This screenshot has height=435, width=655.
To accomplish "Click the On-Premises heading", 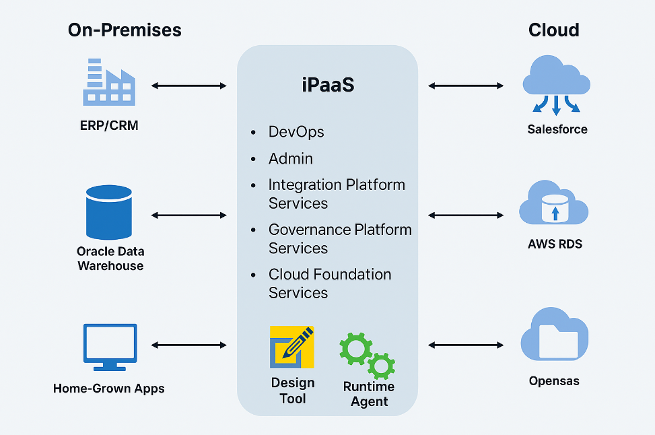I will (x=125, y=30).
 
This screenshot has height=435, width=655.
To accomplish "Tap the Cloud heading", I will (x=554, y=30).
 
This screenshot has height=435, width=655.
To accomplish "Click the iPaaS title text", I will (x=327, y=86).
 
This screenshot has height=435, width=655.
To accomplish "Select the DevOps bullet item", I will (x=296, y=132).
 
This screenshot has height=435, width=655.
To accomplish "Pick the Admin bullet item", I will (x=291, y=159).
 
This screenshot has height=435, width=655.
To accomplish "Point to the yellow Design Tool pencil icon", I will (x=291, y=347).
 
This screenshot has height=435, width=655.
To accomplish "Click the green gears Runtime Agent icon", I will (x=367, y=354).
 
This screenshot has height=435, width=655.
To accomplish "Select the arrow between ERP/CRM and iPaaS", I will (x=189, y=86).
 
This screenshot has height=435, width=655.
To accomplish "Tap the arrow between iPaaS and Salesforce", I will (x=466, y=86).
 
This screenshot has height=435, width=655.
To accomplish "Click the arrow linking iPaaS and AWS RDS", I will (x=466, y=215).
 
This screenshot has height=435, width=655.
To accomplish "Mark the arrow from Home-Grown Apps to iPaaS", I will (x=189, y=345).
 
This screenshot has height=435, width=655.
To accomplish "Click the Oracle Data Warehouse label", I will (x=110, y=259).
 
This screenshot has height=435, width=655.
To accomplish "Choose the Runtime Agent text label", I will (x=369, y=394).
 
